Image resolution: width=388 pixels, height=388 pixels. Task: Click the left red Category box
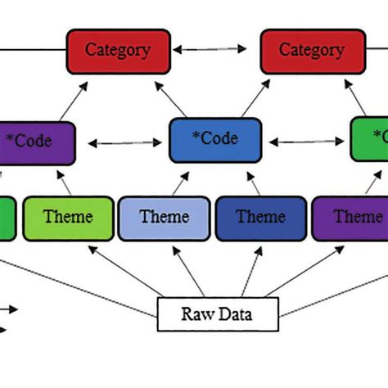(118, 52)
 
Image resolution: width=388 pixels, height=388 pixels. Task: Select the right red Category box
(313, 52)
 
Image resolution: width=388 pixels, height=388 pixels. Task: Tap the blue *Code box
(214, 140)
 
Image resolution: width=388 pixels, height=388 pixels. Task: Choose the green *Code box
(370, 139)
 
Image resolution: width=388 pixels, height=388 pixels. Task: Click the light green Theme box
(67, 219)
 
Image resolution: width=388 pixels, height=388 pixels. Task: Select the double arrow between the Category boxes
(215, 51)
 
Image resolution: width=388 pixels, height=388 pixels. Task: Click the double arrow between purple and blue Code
(122, 143)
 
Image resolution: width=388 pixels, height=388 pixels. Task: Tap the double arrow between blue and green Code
(307, 143)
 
